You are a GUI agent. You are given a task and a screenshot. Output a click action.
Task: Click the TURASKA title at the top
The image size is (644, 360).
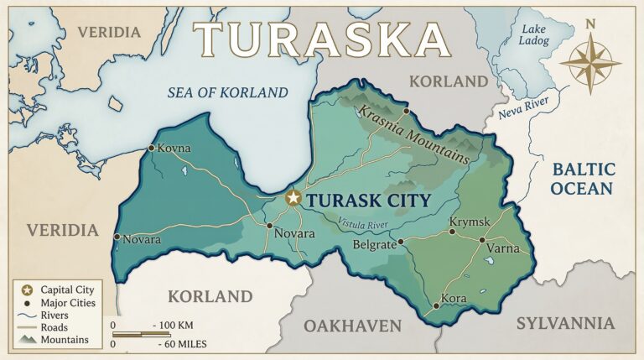click(x=323, y=39)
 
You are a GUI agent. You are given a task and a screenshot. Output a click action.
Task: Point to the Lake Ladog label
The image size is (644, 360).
click(x=534, y=34)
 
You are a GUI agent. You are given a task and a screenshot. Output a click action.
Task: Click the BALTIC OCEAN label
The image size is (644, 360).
click(x=583, y=179)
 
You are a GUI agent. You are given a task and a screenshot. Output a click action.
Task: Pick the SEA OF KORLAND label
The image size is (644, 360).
click(x=227, y=92)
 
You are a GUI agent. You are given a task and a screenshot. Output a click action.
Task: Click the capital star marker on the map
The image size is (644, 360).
click(x=293, y=198)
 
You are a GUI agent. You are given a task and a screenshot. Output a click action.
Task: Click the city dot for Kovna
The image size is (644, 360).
click(x=151, y=148)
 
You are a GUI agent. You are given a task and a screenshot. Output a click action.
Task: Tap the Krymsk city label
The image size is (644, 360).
click(x=469, y=222)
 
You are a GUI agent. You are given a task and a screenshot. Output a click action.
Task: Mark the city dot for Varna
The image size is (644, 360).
click(x=482, y=240)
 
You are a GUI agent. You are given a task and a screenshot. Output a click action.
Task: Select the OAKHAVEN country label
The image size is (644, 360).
click(x=352, y=326)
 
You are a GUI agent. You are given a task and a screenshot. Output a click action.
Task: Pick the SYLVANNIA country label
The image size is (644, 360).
click(x=564, y=323)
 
